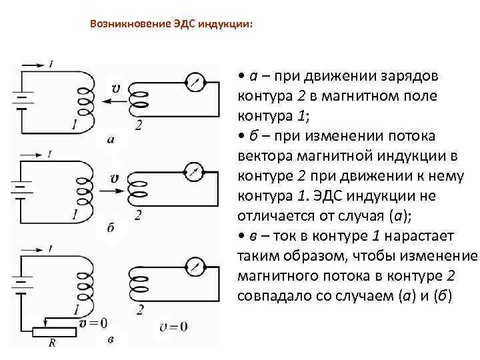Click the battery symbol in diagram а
click(22, 98)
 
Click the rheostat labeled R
click(52, 330)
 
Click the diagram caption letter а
click(111, 140)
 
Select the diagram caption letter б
click(111, 228)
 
